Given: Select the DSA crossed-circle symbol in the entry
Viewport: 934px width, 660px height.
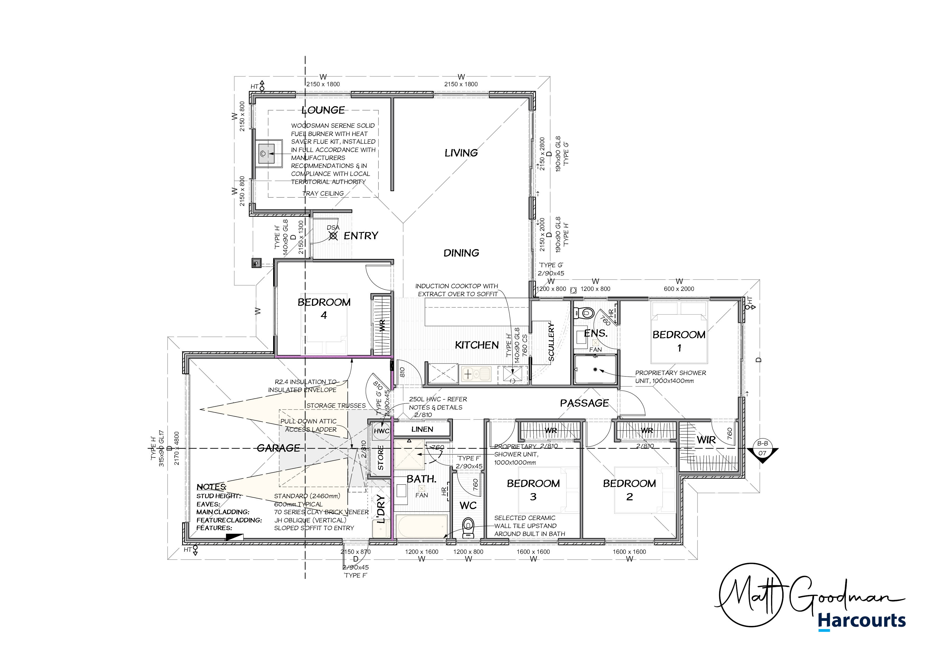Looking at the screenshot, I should (333, 236).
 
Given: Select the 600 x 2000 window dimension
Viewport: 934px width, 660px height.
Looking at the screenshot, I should (679, 289).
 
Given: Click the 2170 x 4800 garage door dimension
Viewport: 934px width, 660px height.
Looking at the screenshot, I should (177, 448).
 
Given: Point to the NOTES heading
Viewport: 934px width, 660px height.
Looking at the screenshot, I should (211, 487).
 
